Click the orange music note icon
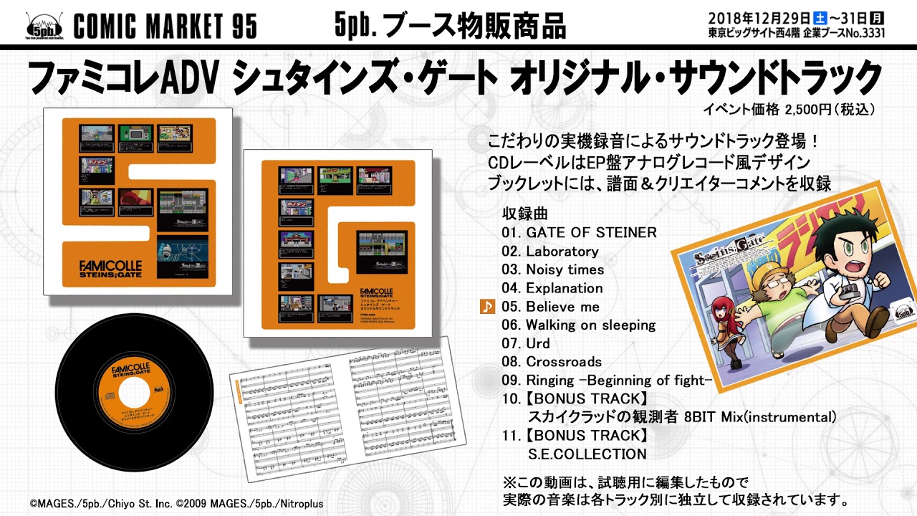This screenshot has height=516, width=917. click(487, 307)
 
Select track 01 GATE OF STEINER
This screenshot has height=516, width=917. click(579, 233)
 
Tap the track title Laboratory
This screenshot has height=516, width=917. click(562, 252)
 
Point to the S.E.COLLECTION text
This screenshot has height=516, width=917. click(587, 454)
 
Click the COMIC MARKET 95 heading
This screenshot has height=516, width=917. click(165, 27)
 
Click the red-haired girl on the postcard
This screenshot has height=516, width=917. click(719, 330)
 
